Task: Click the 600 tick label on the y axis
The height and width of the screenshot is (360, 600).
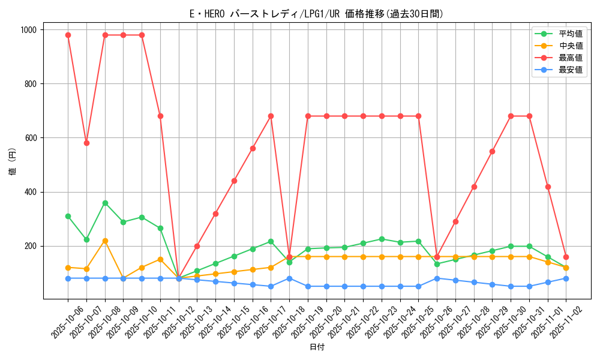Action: [30, 138]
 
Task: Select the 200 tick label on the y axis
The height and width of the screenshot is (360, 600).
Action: [30, 246]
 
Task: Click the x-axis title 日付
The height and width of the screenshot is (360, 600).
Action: [316, 347]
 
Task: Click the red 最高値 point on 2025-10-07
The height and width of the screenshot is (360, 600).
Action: [86, 143]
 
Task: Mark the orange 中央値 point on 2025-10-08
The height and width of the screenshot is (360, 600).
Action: [105, 241]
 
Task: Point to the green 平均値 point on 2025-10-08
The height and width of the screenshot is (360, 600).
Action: [105, 203]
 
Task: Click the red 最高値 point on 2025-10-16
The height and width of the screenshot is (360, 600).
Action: [253, 148]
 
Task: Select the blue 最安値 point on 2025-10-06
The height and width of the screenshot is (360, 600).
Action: [68, 278]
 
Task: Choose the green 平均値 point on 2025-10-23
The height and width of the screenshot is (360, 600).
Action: [382, 239]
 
